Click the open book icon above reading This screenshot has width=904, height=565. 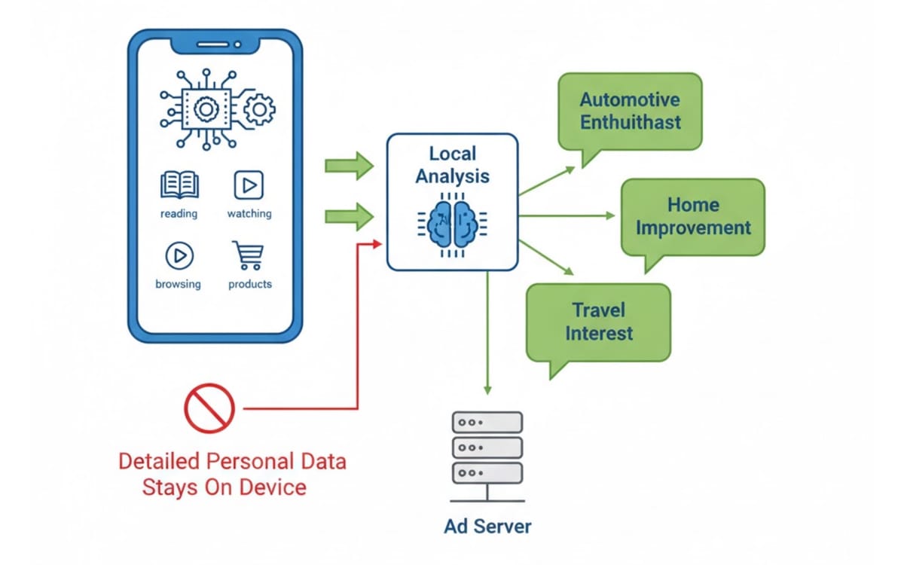click(179, 185)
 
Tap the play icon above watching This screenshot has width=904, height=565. click(249, 185)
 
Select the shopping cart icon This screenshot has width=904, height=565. click(249, 255)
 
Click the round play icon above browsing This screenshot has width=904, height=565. click(179, 256)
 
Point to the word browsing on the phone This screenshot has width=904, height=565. click(178, 284)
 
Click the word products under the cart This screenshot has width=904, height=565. click(249, 284)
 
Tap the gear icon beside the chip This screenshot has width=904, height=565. click(259, 110)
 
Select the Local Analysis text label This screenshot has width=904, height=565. click(452, 165)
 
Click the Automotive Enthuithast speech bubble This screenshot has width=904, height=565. click(630, 111)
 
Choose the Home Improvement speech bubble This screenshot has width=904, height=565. click(692, 216)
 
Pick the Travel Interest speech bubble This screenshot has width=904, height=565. click(598, 322)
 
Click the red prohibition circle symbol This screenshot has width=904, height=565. click(209, 408)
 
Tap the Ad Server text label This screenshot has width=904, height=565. click(487, 526)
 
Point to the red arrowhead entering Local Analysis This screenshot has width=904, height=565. click(379, 243)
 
